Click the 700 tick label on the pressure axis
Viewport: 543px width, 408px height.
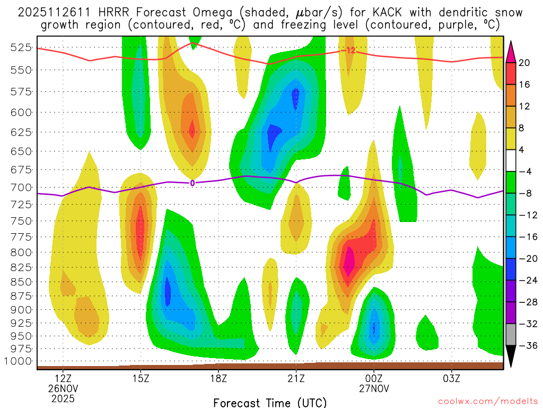pyautogui.click(x=20, y=187)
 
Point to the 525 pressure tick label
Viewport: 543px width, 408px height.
pyautogui.click(x=20, y=47)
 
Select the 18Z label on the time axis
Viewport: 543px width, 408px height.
pyautogui.click(x=218, y=379)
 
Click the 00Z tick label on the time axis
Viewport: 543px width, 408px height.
pyautogui.click(x=374, y=379)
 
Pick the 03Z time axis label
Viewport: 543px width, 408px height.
pyautogui.click(x=452, y=379)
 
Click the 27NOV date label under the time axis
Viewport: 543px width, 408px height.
pyautogui.click(x=374, y=389)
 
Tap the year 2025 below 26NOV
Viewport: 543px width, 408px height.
pyautogui.click(x=63, y=398)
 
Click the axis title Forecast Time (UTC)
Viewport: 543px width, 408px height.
pyautogui.click(x=270, y=402)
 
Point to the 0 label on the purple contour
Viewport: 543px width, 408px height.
pyautogui.click(x=192, y=183)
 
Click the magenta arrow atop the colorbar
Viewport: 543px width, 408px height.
pyautogui.click(x=511, y=52)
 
